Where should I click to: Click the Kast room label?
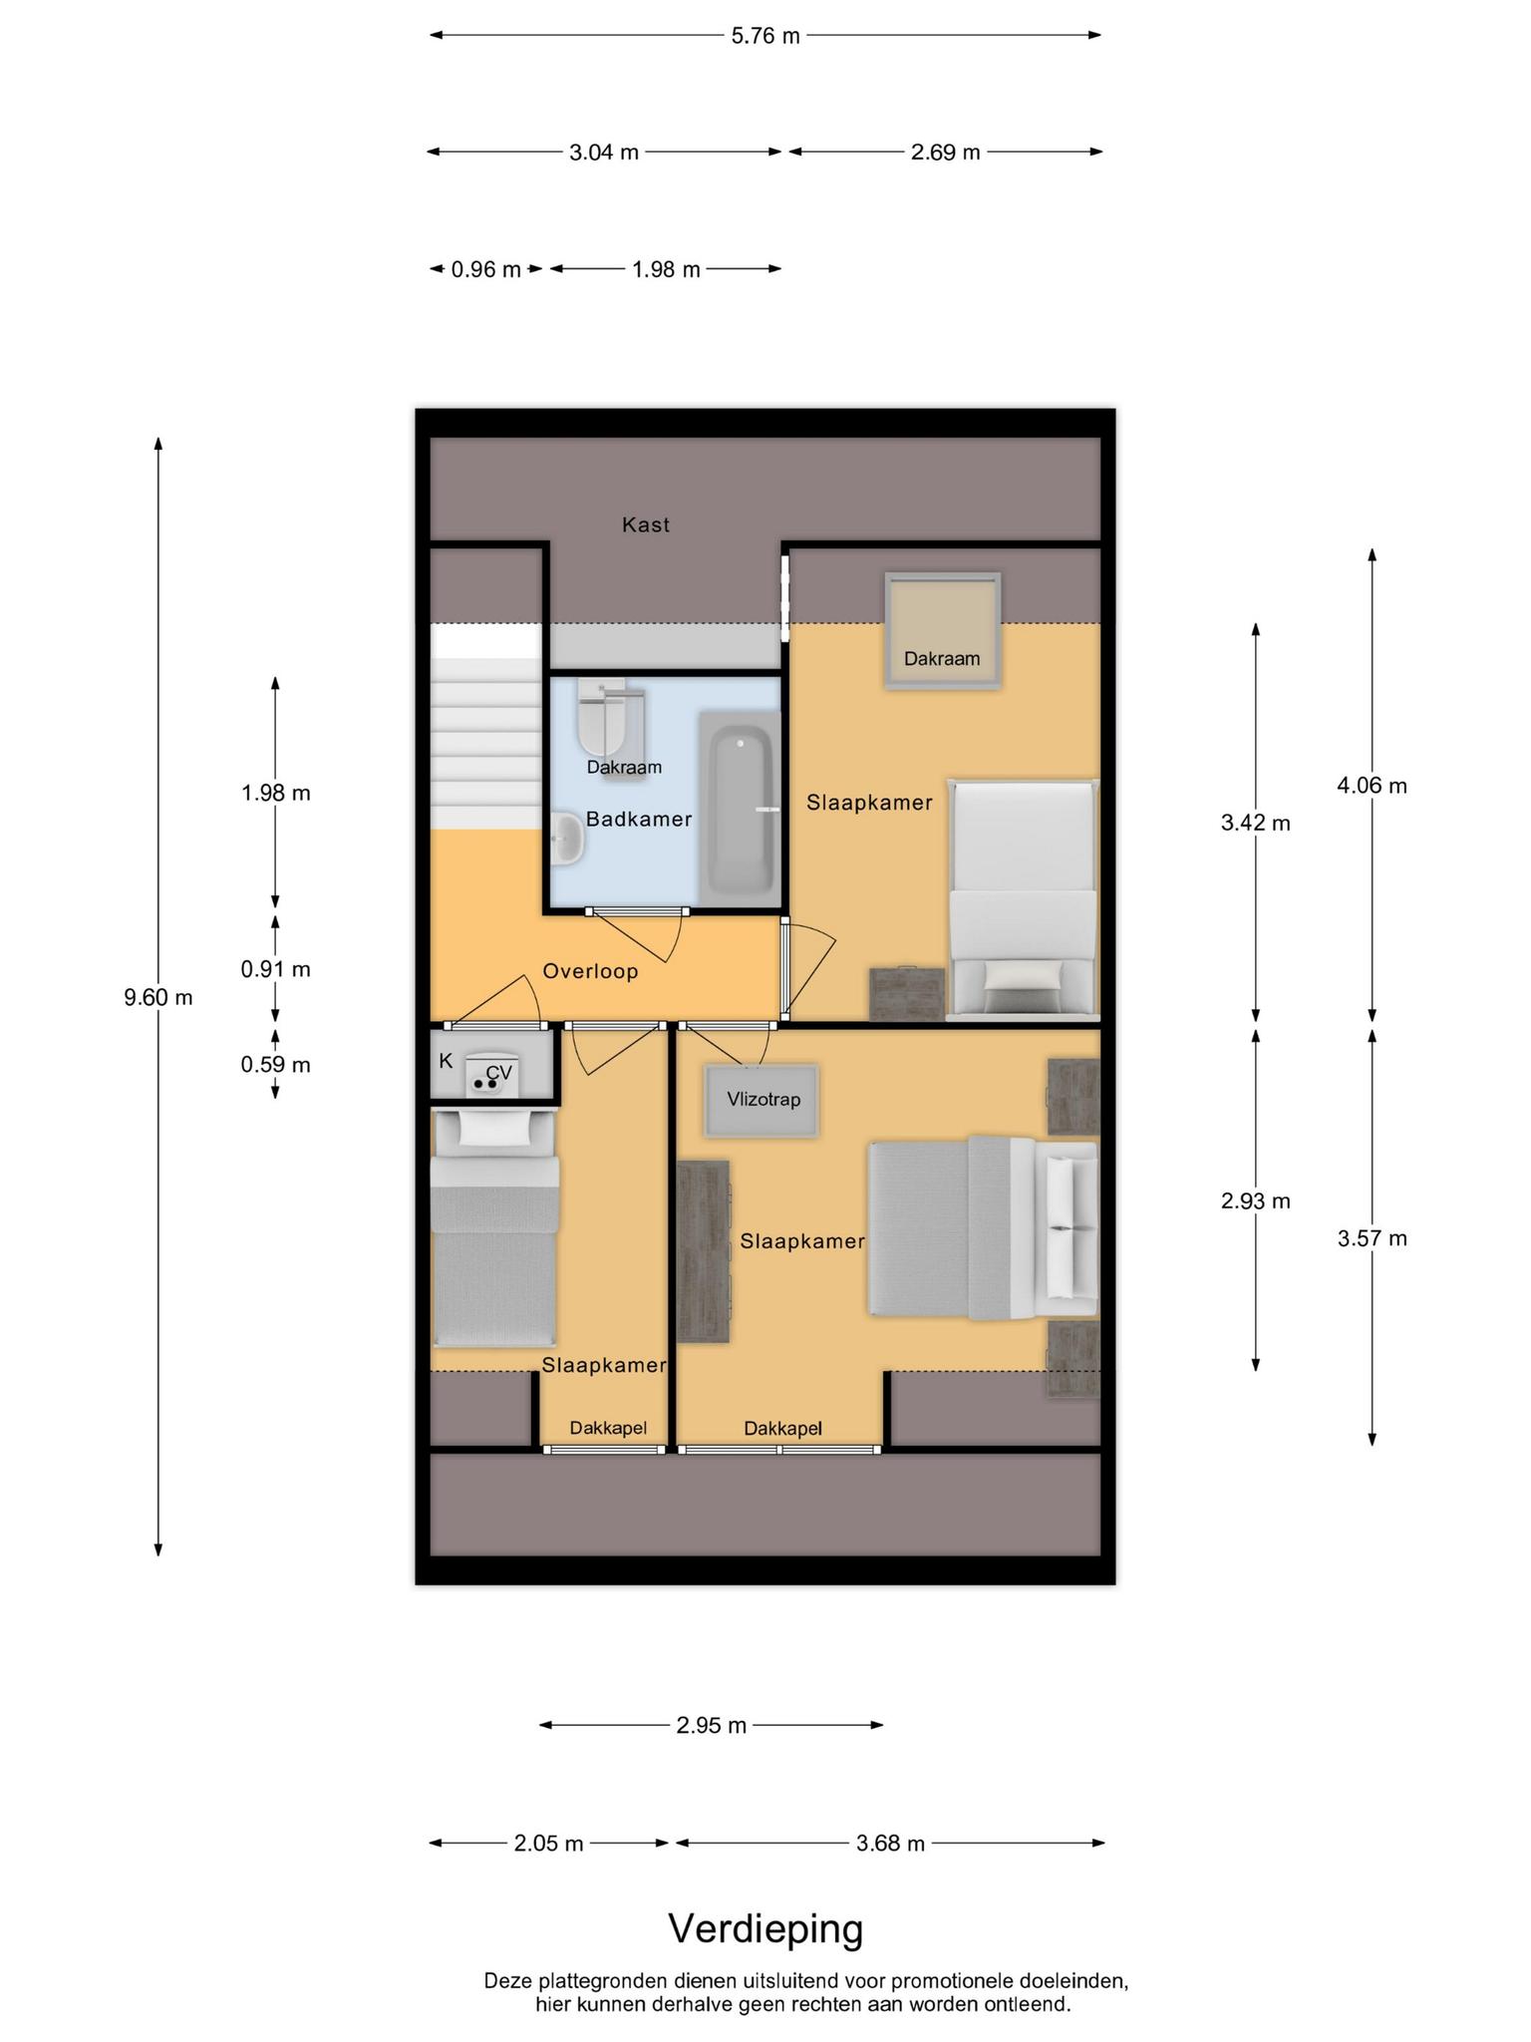pyautogui.click(x=646, y=524)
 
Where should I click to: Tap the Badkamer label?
pyautogui.click(x=639, y=820)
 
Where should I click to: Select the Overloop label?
pyautogui.click(x=590, y=971)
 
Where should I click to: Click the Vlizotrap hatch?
pyautogui.click(x=764, y=1101)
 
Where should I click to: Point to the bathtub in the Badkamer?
pyautogui.click(x=740, y=811)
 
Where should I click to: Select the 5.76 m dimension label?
pyautogui.click(x=765, y=36)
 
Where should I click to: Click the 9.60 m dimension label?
pyautogui.click(x=158, y=997)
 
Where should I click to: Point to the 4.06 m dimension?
pyautogui.click(x=1373, y=786)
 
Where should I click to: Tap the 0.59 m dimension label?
pyautogui.click(x=276, y=1065)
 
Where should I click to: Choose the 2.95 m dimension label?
pyautogui.click(x=712, y=1725)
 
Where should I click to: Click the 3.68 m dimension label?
pyautogui.click(x=891, y=1844)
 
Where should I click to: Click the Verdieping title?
pyautogui.click(x=765, y=1929)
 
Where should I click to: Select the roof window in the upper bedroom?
pyautogui.click(x=943, y=630)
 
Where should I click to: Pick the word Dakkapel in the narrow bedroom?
pyautogui.click(x=608, y=1428)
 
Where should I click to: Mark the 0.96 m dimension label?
pyautogui.click(x=486, y=269)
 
